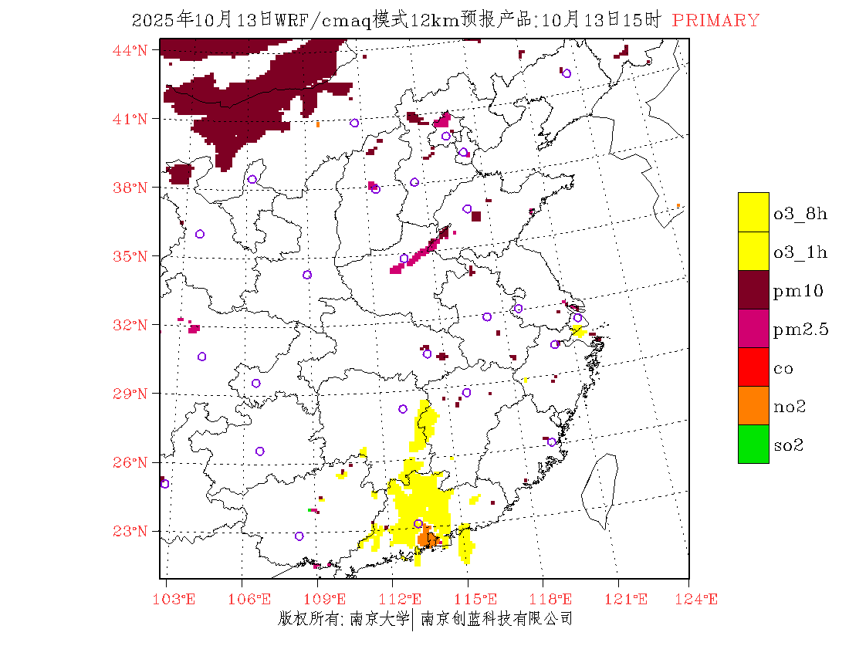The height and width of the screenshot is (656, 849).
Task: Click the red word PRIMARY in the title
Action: [x=715, y=21]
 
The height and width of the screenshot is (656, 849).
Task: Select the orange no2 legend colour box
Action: [x=753, y=405]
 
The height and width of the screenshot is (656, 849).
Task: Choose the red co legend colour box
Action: [x=753, y=367]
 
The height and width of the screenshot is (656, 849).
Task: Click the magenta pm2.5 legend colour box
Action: [x=753, y=328]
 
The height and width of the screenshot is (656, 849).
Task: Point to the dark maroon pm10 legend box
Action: [x=753, y=289]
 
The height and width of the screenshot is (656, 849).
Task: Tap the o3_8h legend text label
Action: [x=800, y=215]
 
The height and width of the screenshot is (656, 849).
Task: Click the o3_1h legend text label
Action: [x=800, y=252]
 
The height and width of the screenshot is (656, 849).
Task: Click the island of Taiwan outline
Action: [x=600, y=490]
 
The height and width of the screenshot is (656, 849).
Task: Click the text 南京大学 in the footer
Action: [x=379, y=619]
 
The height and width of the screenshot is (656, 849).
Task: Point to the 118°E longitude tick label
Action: [x=554, y=600]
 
